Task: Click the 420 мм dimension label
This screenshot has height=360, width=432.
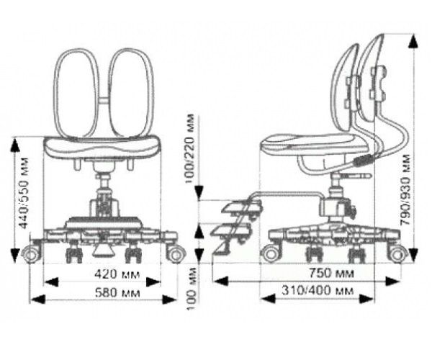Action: pos(117,274)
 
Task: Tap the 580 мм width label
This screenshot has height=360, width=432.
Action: pos(117,293)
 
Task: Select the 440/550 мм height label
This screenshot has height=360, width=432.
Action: pos(24,193)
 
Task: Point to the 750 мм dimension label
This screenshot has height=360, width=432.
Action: pos(331,273)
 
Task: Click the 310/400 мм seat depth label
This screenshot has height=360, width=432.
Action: pos(318,291)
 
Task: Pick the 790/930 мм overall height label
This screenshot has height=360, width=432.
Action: pos(405,190)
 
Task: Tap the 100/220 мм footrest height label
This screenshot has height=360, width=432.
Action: pos(189,148)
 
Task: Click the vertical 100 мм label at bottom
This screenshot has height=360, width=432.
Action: pos(192,289)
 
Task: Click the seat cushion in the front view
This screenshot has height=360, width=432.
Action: pos(102,148)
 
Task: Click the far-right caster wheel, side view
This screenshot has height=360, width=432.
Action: pos(397,255)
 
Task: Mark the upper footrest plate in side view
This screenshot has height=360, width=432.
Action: pos(240,207)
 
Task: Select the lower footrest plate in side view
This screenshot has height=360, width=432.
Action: pos(231,231)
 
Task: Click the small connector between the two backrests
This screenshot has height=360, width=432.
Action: pos(104,100)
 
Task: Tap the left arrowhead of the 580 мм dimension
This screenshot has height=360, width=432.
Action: pos(37,300)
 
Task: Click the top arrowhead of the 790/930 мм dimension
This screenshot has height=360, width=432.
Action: pos(413,42)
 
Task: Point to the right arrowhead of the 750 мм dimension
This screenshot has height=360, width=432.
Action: pos(392,282)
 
